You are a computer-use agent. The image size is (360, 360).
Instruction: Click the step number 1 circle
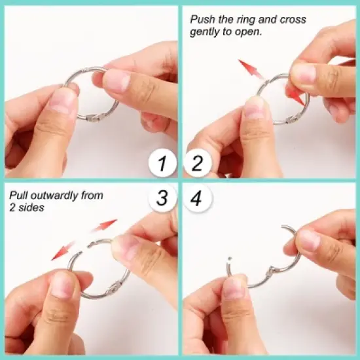(x=162, y=164)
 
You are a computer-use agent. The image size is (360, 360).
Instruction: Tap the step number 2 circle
(x=198, y=164)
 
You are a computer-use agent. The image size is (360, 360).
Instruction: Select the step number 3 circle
(x=162, y=198)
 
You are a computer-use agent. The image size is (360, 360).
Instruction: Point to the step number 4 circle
(x=198, y=198)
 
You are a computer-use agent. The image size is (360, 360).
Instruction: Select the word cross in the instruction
(x=293, y=20)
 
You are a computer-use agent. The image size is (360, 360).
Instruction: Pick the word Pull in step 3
(x=18, y=196)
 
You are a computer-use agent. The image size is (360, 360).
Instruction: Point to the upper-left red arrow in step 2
(x=250, y=69)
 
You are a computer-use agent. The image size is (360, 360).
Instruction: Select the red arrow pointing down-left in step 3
(x=63, y=251)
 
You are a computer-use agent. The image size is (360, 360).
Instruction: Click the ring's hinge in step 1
(x=94, y=118)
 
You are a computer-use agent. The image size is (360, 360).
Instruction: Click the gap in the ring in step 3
(x=85, y=249)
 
